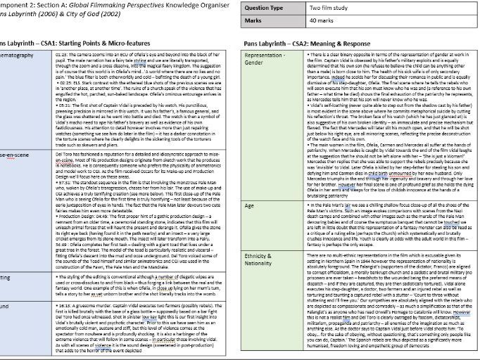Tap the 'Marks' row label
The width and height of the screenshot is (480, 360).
click(254, 21)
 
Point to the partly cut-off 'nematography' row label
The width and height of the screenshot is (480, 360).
click(16, 55)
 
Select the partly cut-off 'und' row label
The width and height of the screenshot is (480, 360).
click(7, 306)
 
